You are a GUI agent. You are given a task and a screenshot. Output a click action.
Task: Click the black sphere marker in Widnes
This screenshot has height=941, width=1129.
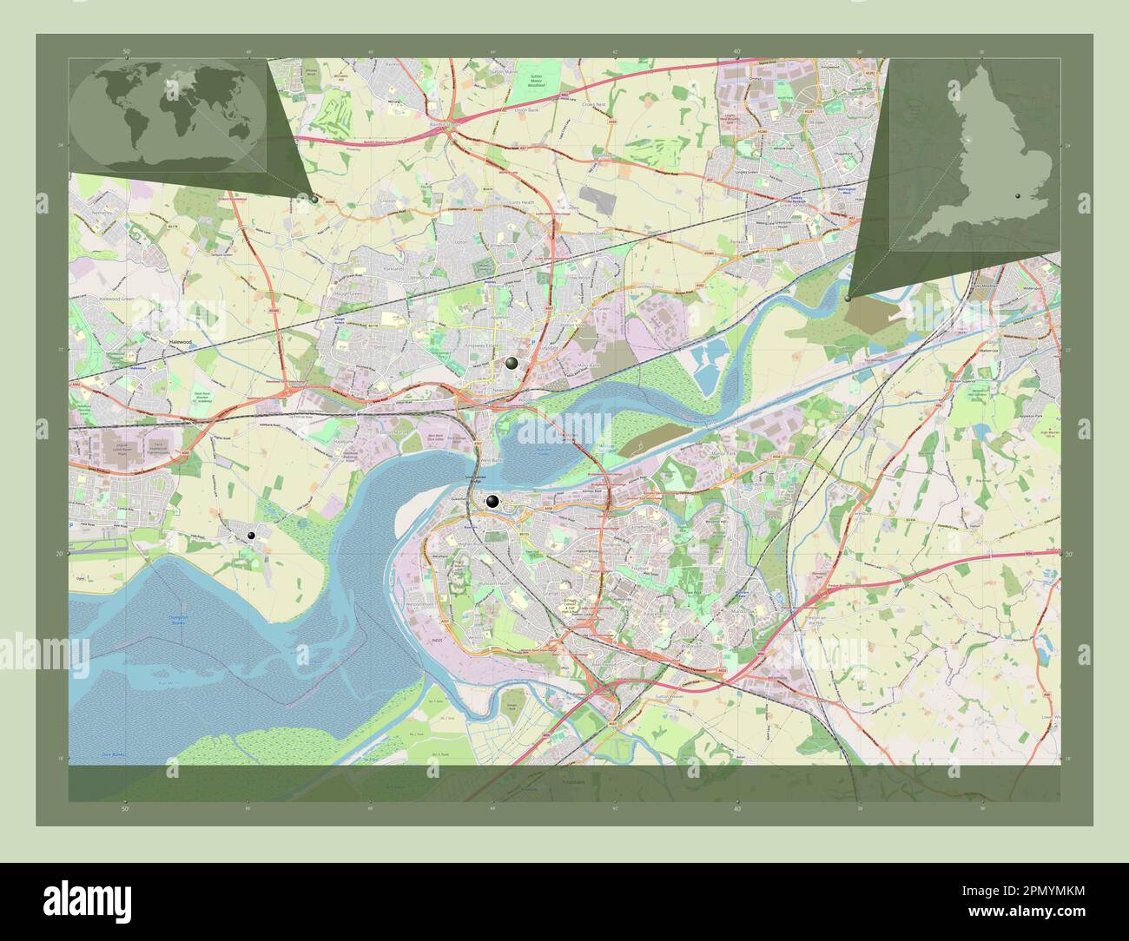(512, 364)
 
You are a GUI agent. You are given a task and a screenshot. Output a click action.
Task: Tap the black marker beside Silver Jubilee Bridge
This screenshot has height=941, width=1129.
(492, 501)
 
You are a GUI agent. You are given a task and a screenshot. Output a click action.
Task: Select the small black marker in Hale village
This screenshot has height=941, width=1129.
(251, 536)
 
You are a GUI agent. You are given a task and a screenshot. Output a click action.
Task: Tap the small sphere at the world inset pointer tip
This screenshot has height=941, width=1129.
(314, 198)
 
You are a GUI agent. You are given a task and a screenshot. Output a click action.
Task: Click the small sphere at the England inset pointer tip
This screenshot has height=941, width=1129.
(848, 298)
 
